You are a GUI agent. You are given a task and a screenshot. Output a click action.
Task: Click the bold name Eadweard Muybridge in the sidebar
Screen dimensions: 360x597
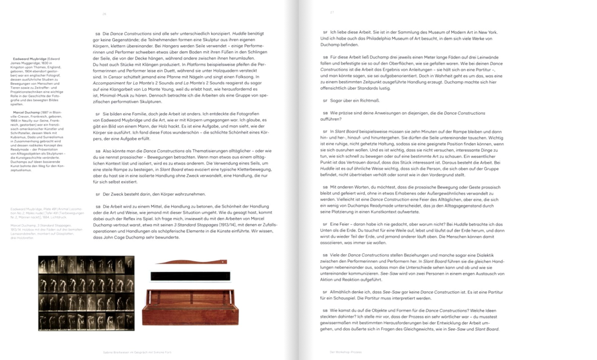click(29, 59)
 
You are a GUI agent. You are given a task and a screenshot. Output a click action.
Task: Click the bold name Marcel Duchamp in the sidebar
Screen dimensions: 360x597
click(26, 112)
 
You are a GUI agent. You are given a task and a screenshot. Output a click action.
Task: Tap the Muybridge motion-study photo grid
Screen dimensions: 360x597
click(86, 293)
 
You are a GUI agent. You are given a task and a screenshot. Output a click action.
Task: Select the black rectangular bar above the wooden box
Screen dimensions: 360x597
click(190, 276)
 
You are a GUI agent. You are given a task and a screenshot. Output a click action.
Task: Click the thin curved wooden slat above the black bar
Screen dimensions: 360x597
click(191, 262)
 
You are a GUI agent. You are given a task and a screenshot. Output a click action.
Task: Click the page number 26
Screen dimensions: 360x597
click(104, 14)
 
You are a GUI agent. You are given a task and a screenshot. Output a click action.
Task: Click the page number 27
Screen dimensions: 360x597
click(332, 12)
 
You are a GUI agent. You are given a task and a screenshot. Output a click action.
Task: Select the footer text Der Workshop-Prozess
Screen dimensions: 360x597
click(345, 352)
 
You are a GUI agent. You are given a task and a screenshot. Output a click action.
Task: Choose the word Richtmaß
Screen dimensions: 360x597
click(369, 101)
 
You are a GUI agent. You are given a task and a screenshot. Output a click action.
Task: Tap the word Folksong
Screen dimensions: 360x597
click(247, 77)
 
